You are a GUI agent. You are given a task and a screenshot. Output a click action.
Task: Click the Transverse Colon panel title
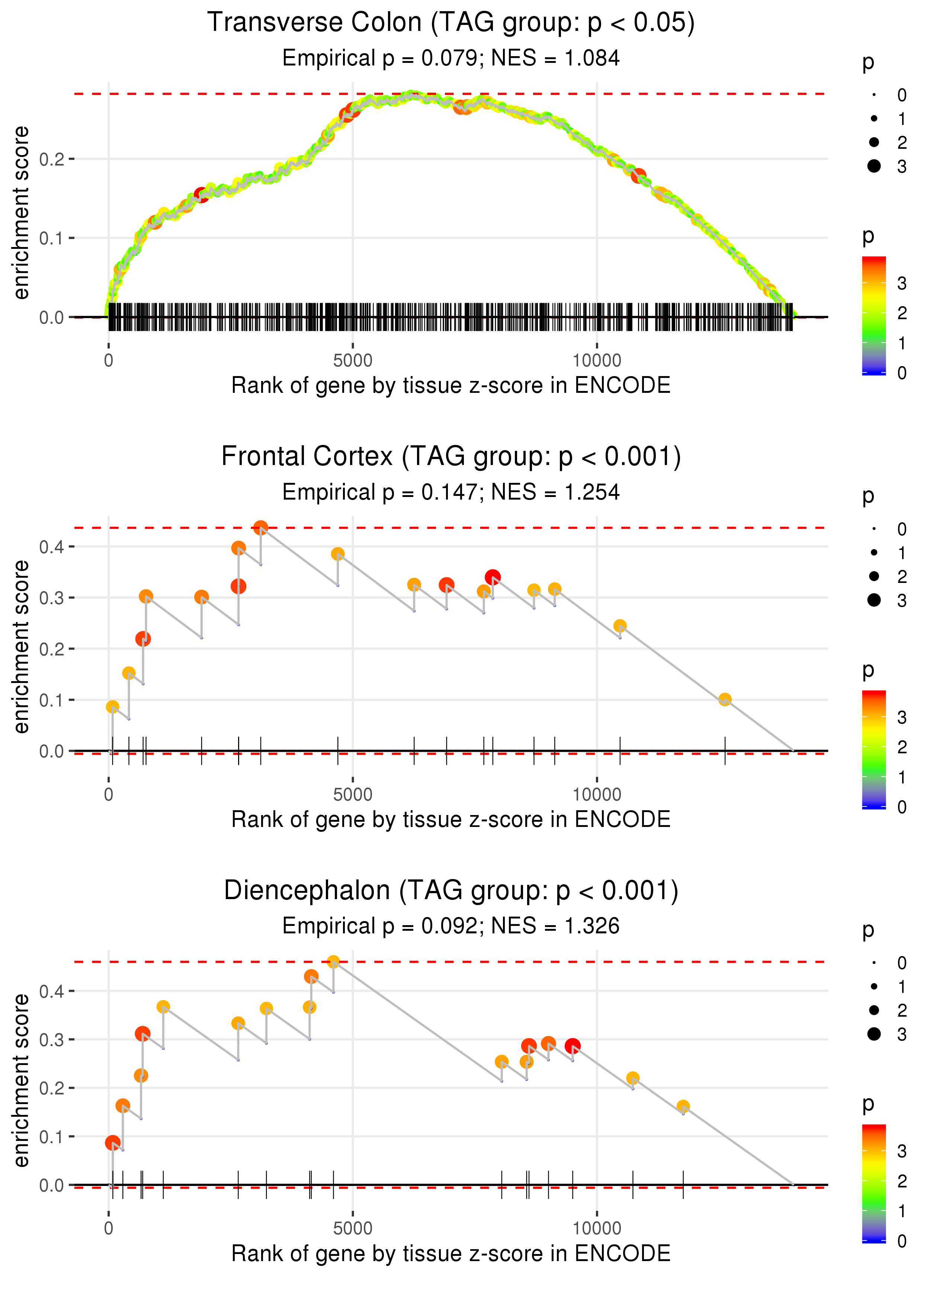tap(451, 23)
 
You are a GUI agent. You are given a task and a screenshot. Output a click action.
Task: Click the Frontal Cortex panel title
tap(451, 457)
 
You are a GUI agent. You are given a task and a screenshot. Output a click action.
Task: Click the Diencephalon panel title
tap(451, 891)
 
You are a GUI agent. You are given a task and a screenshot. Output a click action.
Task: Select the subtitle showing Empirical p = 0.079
tap(451, 58)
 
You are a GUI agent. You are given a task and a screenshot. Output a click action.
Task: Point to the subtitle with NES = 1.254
tap(451, 493)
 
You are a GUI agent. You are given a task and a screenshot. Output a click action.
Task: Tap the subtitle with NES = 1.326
tap(451, 926)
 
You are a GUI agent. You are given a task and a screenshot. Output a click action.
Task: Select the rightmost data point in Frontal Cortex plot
tap(725, 699)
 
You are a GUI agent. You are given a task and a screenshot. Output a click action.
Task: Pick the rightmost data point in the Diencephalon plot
tap(683, 1106)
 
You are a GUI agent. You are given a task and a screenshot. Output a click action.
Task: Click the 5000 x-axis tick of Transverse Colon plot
tap(353, 361)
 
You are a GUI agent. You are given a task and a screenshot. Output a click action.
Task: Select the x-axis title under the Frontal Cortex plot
tap(451, 820)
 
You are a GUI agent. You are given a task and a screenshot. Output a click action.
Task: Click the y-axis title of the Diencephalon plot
tap(21, 1081)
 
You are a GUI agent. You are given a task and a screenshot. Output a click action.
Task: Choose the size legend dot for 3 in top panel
tap(874, 166)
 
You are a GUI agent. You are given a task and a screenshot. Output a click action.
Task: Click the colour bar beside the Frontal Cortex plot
tap(874, 749)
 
